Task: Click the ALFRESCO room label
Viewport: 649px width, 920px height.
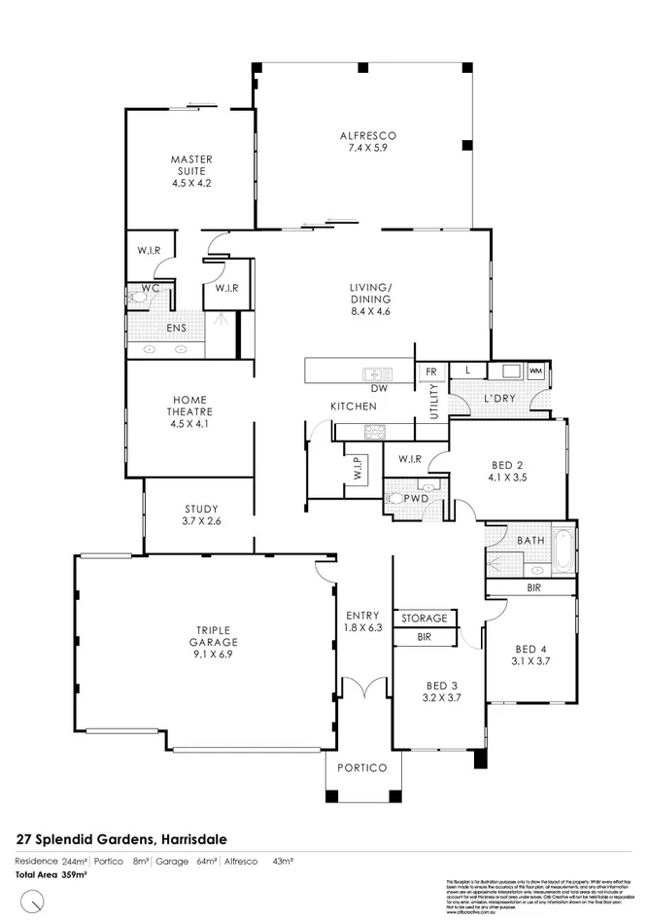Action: coord(368,136)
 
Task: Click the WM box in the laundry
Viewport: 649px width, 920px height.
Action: coord(535,371)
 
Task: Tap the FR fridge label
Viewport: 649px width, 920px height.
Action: coord(429,371)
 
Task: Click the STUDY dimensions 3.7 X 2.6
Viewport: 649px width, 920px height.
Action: coord(201,522)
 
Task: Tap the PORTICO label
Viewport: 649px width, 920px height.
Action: coord(361,767)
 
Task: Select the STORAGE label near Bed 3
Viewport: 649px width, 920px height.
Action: coord(425,618)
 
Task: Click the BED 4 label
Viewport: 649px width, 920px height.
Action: coord(530,649)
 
